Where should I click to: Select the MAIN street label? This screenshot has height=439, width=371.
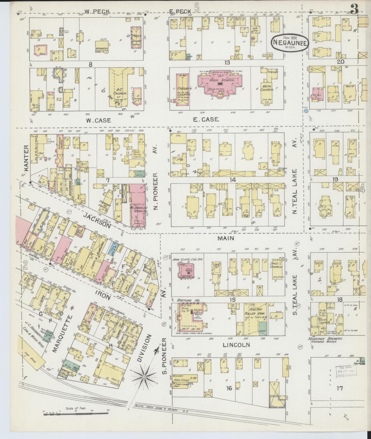pyautogui.click(x=226, y=238)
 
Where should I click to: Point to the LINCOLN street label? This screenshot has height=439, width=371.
pyautogui.click(x=237, y=345)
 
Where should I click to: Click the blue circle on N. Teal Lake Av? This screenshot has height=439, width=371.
pyautogui.click(x=306, y=111)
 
